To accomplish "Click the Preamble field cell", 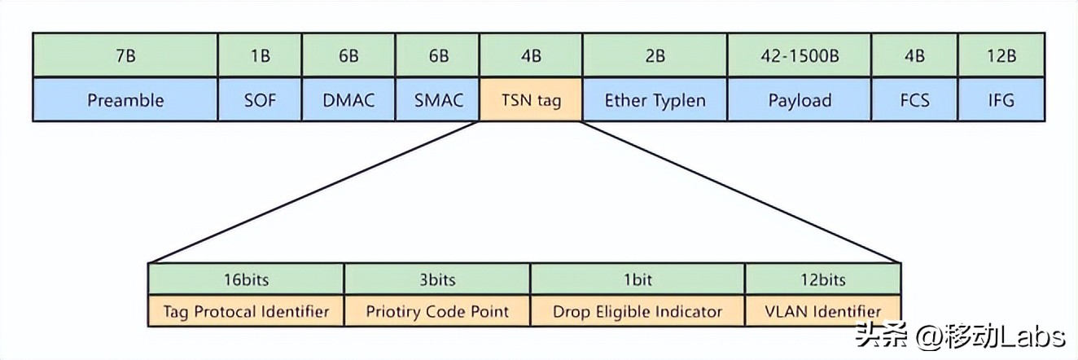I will tap(125, 100).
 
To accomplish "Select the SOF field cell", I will tap(260, 100).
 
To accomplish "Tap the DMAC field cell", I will tap(348, 100).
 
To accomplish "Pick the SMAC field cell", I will tap(438, 100).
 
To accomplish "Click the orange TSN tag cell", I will tap(531, 100).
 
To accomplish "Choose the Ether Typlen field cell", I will tap(655, 100).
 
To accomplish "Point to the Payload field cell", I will tap(800, 100).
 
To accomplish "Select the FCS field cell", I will tap(914, 100).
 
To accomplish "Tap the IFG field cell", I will tap(1001, 100).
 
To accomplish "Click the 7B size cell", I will tap(125, 56).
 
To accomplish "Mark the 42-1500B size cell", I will tap(800, 56).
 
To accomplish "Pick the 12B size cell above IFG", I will tap(1001, 56).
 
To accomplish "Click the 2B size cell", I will tap(655, 56).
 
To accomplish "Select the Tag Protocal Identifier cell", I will tap(246, 311).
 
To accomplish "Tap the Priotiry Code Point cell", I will tap(437, 311).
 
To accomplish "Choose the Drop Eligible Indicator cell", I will tap(638, 311).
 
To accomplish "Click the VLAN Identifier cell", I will tap(823, 311).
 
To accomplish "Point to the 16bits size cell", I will tap(246, 280).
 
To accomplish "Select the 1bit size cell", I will tap(638, 280).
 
